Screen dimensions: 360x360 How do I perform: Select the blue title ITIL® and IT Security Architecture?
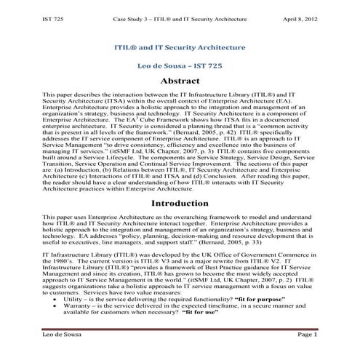pos(180,45)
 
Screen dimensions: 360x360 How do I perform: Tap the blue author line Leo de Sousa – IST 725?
pos(180,65)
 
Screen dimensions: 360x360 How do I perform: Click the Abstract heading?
pos(180,81)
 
